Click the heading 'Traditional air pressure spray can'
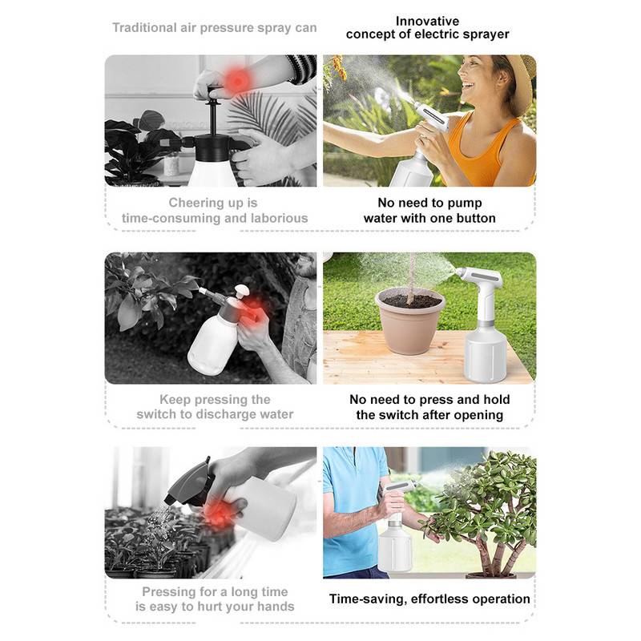214,28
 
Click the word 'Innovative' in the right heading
427,21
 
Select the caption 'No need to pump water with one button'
429,211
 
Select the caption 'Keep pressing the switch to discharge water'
215,407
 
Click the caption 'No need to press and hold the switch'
429,407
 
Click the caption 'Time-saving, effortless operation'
429,599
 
